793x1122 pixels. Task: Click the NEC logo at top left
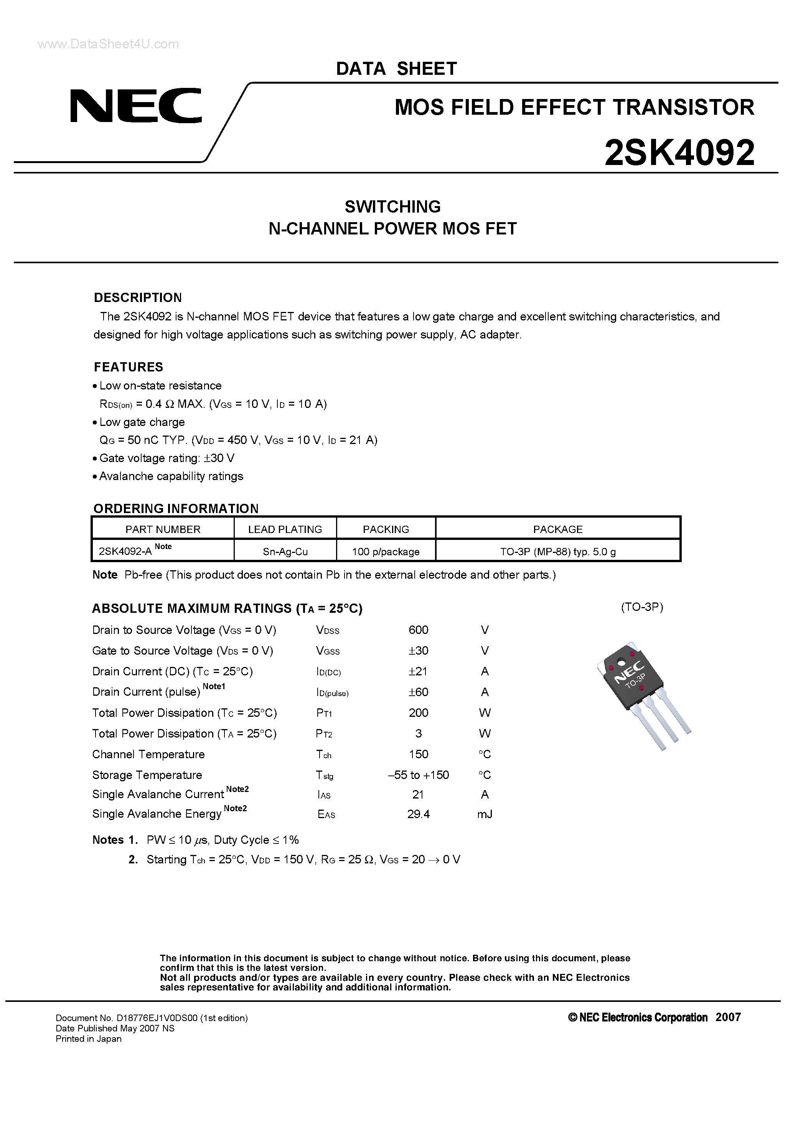(x=135, y=106)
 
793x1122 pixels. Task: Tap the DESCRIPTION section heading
(x=138, y=298)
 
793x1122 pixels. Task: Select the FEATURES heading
(x=129, y=367)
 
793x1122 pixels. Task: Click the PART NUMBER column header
(x=163, y=529)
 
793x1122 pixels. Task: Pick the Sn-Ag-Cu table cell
(x=285, y=552)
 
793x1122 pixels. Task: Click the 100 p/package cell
(x=386, y=552)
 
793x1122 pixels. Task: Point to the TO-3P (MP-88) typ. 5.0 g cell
(x=557, y=552)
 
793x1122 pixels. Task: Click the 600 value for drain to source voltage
(x=418, y=630)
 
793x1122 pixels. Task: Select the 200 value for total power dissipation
(x=418, y=713)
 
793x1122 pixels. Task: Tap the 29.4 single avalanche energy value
(x=418, y=813)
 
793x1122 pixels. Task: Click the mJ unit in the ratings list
(x=485, y=813)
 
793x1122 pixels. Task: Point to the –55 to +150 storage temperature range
(x=418, y=775)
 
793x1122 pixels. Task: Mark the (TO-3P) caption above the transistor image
(x=642, y=607)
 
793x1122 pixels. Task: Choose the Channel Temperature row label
(x=148, y=754)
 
